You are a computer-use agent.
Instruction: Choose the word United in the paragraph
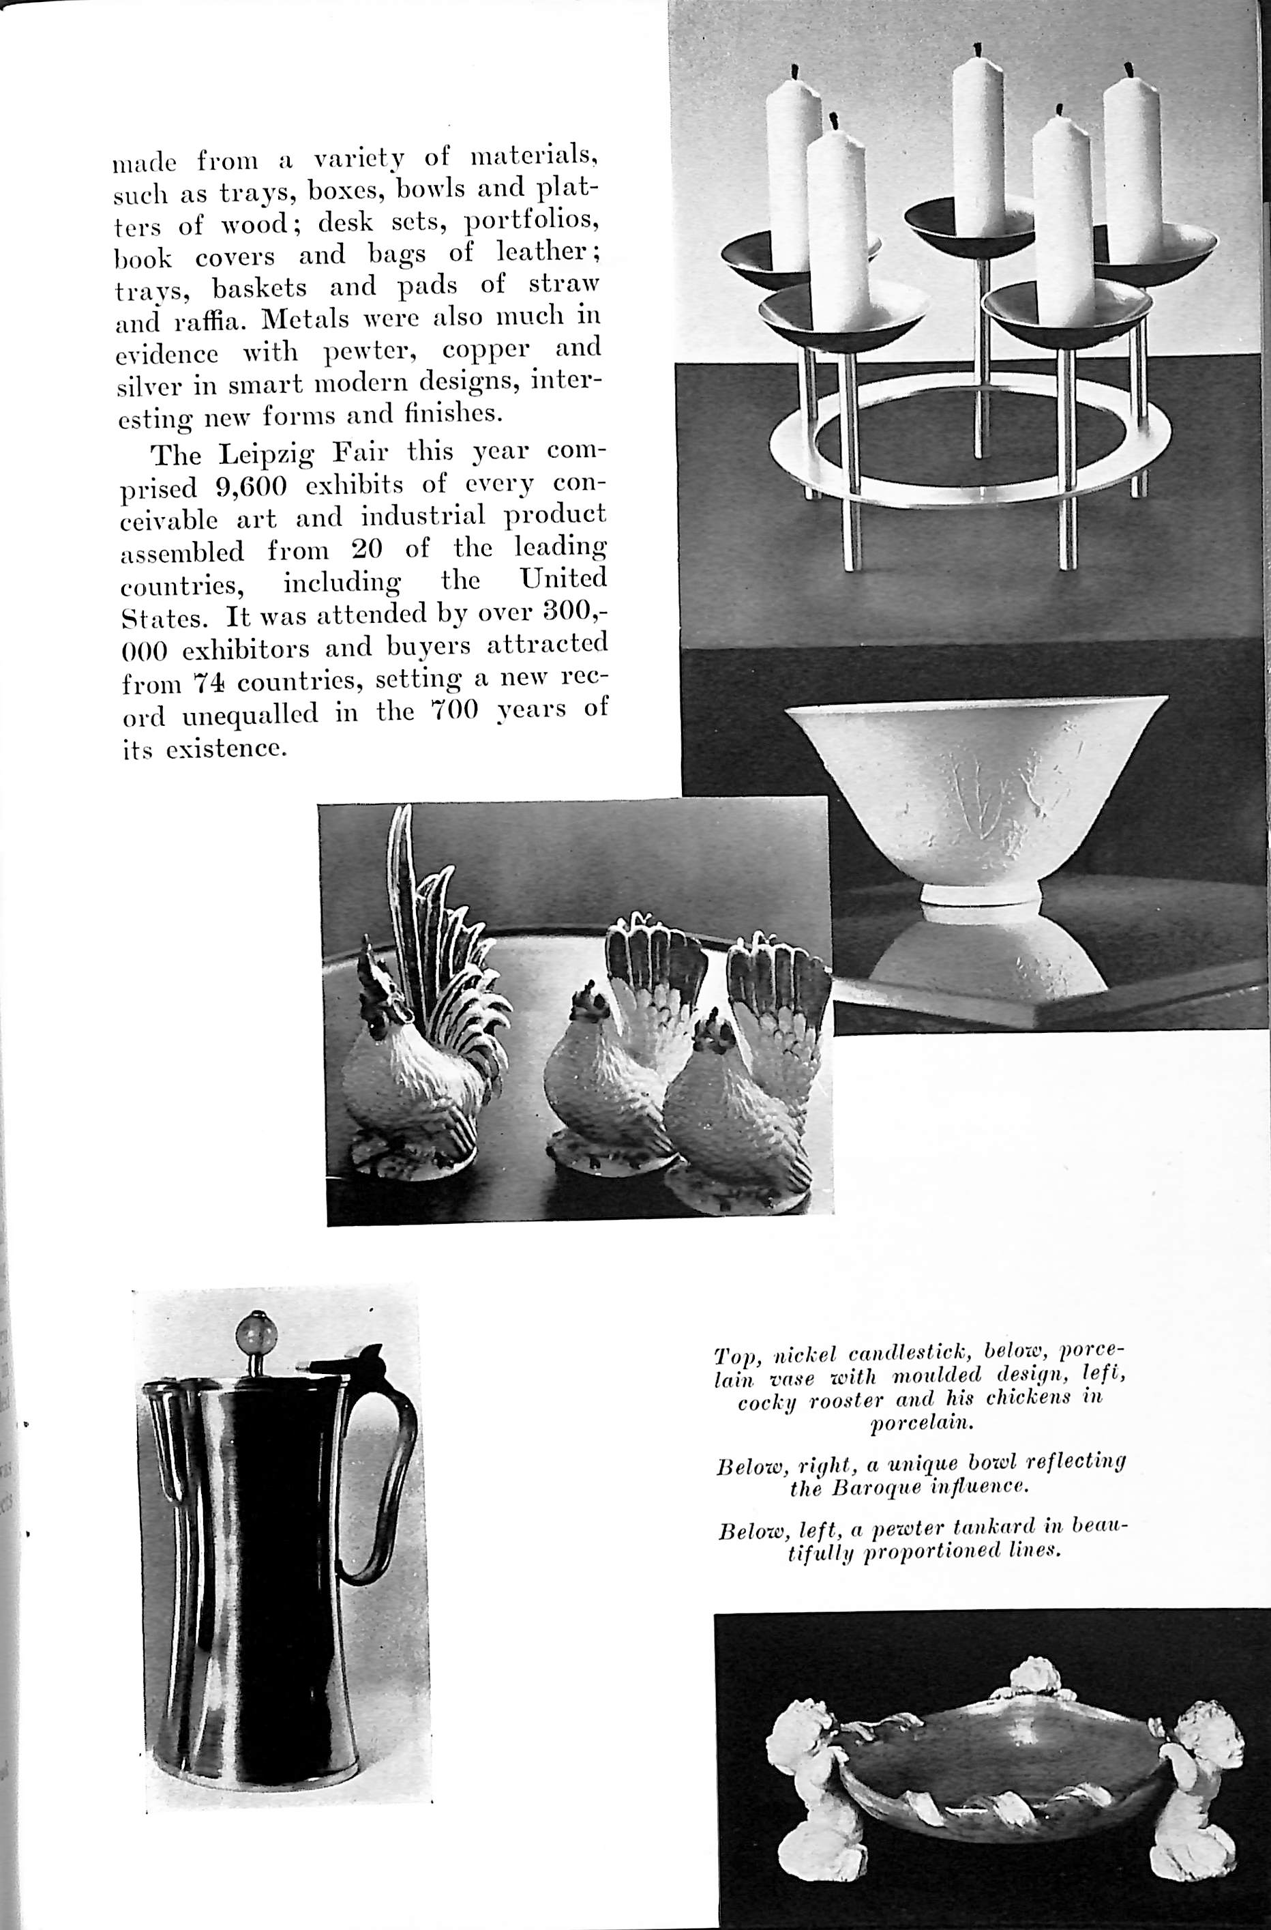point(563,579)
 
